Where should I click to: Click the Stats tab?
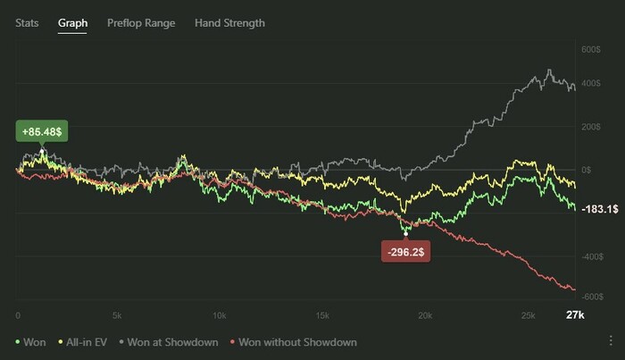(28, 23)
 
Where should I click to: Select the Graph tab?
(72, 23)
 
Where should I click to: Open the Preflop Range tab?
(141, 23)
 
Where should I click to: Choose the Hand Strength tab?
(229, 23)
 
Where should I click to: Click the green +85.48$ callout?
(43, 131)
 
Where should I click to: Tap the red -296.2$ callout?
(407, 253)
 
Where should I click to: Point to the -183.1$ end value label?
(594, 209)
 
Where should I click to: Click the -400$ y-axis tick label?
(589, 256)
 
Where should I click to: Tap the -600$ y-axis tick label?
(589, 296)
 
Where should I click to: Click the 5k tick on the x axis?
(116, 315)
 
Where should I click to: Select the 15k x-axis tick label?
(323, 315)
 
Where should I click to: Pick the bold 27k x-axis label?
(576, 315)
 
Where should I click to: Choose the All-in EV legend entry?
(87, 342)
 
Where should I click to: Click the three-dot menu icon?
(611, 341)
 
